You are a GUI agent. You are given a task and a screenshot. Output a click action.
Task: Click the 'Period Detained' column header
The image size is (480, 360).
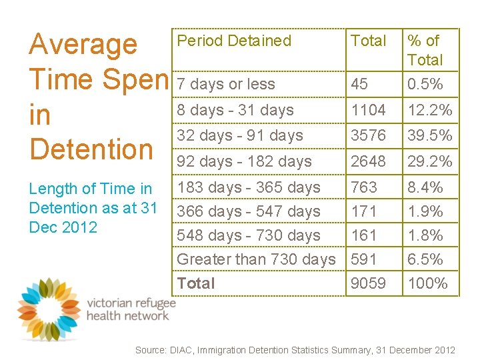pyautogui.click(x=234, y=41)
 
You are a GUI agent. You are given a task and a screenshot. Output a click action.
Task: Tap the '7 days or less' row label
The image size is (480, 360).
pyautogui.click(x=226, y=85)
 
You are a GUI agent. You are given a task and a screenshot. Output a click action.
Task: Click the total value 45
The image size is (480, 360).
pyautogui.click(x=359, y=85)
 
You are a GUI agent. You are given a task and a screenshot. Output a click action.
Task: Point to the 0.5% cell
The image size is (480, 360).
pyautogui.click(x=425, y=85)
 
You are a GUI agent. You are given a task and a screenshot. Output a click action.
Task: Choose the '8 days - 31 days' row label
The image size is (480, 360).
pyautogui.click(x=235, y=110)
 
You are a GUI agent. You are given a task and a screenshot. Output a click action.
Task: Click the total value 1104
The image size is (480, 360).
pyautogui.click(x=368, y=110)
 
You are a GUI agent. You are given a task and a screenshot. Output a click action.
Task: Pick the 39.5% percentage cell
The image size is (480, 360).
pyautogui.click(x=430, y=135)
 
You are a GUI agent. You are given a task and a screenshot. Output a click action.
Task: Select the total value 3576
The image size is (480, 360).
pyautogui.click(x=368, y=135)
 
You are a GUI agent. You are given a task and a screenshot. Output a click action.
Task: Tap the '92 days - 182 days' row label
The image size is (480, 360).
pyautogui.click(x=244, y=161)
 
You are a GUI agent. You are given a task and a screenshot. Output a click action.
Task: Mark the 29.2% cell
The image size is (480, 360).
pyautogui.click(x=430, y=161)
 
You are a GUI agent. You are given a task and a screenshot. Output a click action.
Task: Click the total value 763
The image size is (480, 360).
pyautogui.click(x=364, y=187)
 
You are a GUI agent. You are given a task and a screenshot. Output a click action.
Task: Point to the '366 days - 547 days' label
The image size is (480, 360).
pyautogui.click(x=249, y=211)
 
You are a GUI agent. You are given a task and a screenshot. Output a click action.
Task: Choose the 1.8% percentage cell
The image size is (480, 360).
pyautogui.click(x=425, y=235)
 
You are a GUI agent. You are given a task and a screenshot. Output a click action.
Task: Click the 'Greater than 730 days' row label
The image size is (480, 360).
pyautogui.click(x=256, y=259)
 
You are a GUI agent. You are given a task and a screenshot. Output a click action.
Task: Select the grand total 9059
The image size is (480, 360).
pyautogui.click(x=368, y=283)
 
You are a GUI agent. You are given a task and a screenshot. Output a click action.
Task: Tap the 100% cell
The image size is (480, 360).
pyautogui.click(x=427, y=283)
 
